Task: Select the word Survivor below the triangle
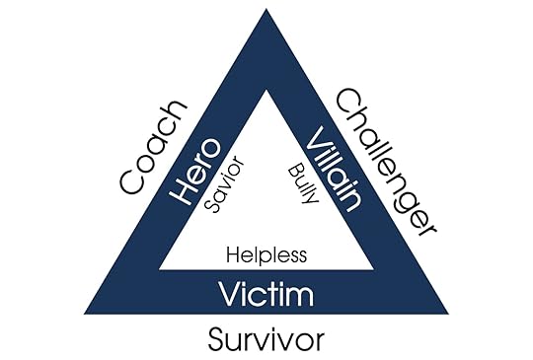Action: (266, 341)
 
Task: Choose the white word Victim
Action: (266, 294)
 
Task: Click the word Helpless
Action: (266, 253)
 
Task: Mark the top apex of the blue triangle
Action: (266, 10)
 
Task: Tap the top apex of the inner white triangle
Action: (266, 90)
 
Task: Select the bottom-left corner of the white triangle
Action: (158, 268)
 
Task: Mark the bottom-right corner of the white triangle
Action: (375, 268)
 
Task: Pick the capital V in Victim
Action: (228, 294)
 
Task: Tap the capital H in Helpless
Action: (233, 253)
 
